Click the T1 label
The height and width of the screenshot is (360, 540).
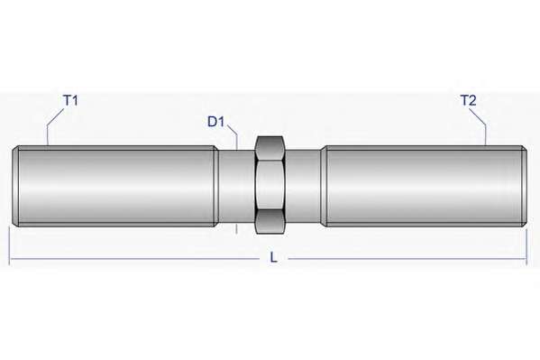point(71,101)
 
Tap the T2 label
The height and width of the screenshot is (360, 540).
point(469,101)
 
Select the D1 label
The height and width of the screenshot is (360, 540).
point(216,122)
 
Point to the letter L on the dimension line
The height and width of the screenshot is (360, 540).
point(273,257)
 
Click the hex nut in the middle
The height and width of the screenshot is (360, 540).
point(270,186)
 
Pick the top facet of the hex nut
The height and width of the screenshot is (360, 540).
point(270,148)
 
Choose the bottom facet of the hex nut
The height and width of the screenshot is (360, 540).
point(270,223)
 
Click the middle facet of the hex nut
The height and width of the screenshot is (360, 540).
point(270,186)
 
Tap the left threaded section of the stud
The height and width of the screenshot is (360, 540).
point(115,186)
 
